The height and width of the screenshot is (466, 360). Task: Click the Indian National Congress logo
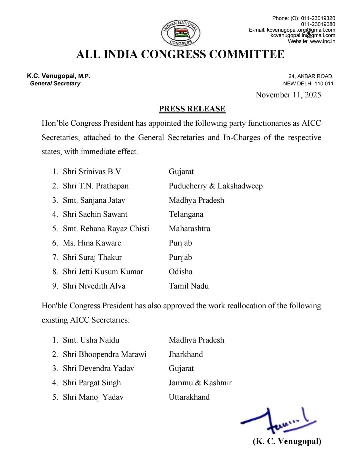tap(181, 33)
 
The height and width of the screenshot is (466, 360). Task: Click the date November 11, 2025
tap(288, 95)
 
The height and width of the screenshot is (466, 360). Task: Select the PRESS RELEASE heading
tap(192, 109)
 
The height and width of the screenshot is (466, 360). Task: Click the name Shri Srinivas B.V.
tap(93, 172)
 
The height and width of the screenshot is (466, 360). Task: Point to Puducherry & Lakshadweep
tap(216, 186)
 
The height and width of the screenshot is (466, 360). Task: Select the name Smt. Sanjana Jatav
tap(94, 200)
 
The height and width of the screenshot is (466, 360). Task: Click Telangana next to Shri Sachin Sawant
tap(186, 214)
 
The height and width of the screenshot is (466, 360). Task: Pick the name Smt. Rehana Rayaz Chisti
tap(106, 229)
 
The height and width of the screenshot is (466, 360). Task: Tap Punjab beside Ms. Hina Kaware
tap(180, 243)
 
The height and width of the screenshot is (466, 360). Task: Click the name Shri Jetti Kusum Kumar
tap(103, 272)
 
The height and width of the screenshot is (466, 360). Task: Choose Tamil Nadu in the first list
tap(189, 286)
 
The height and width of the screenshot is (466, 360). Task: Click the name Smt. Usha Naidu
tap(91, 340)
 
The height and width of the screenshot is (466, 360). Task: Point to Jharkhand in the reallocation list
tap(186, 354)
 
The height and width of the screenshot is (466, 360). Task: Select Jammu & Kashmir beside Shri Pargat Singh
tap(200, 383)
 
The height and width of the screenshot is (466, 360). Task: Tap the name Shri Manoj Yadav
tap(93, 397)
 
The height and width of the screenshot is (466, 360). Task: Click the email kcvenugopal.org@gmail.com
tap(301, 30)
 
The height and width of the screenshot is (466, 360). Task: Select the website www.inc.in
tap(322, 41)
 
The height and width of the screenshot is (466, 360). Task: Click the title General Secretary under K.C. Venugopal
tap(55, 84)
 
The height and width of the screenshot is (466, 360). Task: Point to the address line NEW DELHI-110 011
tap(308, 84)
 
